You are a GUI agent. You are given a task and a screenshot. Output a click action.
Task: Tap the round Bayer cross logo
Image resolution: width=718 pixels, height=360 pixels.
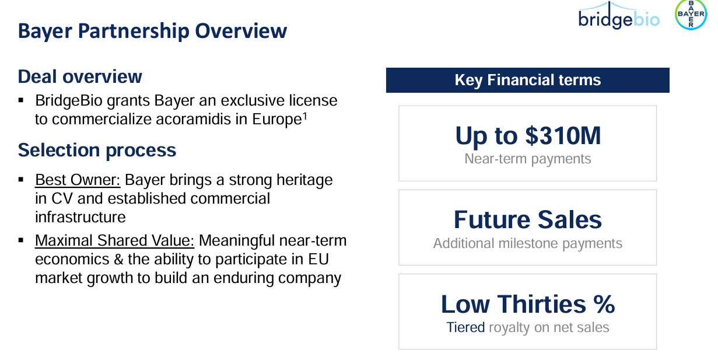click(691, 15)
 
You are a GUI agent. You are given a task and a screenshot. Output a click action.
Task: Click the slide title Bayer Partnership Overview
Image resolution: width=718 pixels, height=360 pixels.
click(152, 31)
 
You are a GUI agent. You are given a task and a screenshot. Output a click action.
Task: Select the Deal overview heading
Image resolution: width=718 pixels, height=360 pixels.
click(80, 76)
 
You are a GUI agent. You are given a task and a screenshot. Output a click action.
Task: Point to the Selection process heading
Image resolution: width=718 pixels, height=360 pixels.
click(97, 150)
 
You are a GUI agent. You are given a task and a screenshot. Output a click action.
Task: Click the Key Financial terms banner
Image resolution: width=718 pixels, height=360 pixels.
click(527, 80)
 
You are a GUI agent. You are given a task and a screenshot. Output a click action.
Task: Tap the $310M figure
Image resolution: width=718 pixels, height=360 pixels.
click(563, 135)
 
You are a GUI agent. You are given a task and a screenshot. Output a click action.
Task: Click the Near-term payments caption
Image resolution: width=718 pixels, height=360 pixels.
click(527, 159)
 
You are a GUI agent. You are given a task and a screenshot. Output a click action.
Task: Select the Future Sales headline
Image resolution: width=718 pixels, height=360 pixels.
click(527, 219)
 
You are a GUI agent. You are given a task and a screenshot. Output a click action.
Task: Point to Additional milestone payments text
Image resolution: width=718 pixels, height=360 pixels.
click(527, 243)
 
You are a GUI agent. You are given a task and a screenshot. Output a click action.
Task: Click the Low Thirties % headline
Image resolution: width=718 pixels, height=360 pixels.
click(527, 304)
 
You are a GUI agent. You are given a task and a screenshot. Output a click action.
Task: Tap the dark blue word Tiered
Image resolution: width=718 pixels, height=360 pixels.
click(465, 327)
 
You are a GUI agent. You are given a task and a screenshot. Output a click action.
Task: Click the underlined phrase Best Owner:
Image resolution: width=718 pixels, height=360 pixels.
click(78, 180)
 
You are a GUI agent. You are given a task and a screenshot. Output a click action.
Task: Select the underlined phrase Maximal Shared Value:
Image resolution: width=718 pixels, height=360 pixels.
click(114, 240)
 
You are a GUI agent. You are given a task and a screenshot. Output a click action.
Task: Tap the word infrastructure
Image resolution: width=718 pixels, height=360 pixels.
click(80, 217)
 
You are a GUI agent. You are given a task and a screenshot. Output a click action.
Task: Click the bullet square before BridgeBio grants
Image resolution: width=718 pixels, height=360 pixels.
click(22, 100)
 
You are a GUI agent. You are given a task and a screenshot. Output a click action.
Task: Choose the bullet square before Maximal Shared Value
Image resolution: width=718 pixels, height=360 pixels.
click(22, 240)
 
